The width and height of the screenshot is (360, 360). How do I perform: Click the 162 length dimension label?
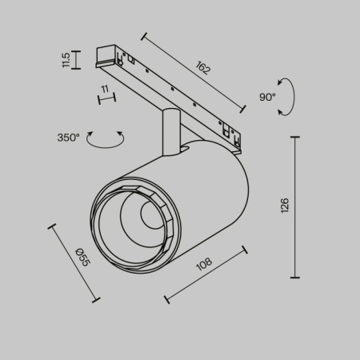click(x=202, y=69)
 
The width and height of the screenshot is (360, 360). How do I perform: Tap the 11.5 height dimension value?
click(x=66, y=60)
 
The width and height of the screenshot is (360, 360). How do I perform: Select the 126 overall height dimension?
click(x=285, y=206)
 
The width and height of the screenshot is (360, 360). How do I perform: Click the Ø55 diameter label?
click(x=82, y=258)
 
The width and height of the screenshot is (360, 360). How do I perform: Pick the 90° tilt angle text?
click(x=266, y=96)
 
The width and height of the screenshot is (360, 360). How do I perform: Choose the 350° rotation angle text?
click(x=70, y=138)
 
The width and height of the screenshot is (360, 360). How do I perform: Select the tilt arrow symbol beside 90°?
click(x=285, y=98)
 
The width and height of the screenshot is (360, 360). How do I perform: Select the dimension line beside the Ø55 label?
click(x=74, y=262)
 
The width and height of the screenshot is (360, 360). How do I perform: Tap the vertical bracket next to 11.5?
click(x=77, y=60)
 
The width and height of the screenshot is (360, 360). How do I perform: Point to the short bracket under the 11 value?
click(x=106, y=99)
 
